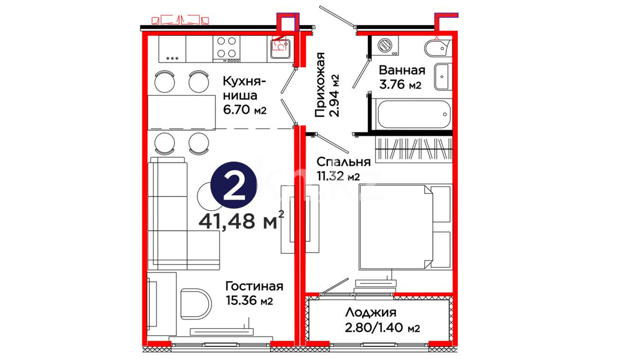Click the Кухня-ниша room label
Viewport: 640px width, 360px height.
(x=244, y=88)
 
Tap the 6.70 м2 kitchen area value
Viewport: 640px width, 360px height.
(x=245, y=110)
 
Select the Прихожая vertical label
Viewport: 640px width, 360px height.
(x=320, y=85)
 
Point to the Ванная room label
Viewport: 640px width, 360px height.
(x=402, y=70)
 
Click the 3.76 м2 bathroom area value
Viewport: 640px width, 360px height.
(x=400, y=84)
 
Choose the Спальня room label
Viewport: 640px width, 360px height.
(x=343, y=162)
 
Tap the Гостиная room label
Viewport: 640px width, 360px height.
(x=254, y=286)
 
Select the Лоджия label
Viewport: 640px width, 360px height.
(x=371, y=313)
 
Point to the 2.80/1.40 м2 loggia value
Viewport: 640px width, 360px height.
(x=382, y=328)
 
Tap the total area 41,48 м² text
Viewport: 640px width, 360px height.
(x=241, y=221)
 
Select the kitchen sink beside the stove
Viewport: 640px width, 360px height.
(x=280, y=49)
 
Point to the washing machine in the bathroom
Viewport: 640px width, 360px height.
(x=385, y=45)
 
